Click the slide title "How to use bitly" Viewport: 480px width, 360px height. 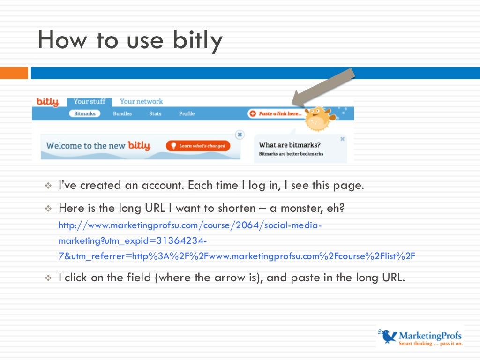pyautogui.click(x=130, y=40)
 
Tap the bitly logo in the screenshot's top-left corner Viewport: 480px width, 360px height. pyautogui.click(x=47, y=102)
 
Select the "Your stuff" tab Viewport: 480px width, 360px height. pyautogui.click(x=89, y=101)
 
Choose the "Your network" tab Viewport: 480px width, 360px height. pyautogui.click(x=141, y=101)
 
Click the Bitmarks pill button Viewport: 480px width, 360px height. pyautogui.click(x=84, y=113)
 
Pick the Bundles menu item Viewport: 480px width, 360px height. pyautogui.click(x=122, y=113)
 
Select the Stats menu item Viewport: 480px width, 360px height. pyautogui.click(x=155, y=113)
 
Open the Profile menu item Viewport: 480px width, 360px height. pyautogui.click(x=187, y=113)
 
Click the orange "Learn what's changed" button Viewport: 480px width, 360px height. pyautogui.click(x=198, y=146)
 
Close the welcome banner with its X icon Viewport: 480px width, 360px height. pyautogui.click(x=240, y=135)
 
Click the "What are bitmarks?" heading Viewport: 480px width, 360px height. pyautogui.click(x=290, y=145)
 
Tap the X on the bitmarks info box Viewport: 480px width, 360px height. pyautogui.click(x=342, y=139)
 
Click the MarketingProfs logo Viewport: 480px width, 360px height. pyautogui.click(x=420, y=337)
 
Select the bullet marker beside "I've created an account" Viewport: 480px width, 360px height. pyautogui.click(x=47, y=186)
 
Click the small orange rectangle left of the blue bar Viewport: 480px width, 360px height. pyautogui.click(x=14, y=73)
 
